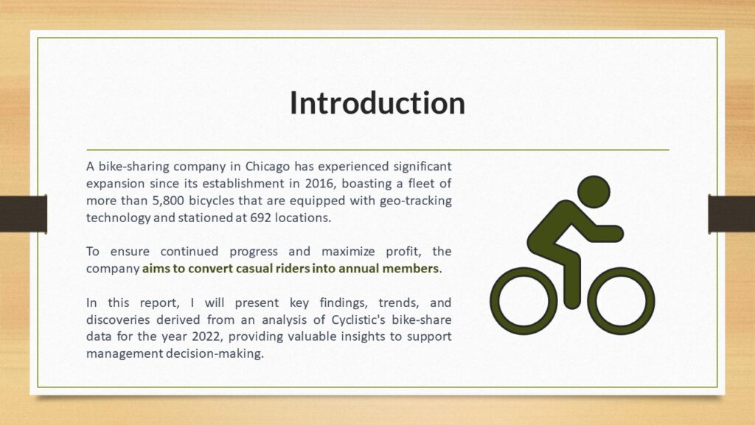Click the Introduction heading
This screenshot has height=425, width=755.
pos(377,103)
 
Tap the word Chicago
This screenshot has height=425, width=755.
pos(268,167)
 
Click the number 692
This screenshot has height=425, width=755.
pos(260,218)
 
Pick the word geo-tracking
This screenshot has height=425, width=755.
pos(416,201)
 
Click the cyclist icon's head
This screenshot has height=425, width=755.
pos(594,192)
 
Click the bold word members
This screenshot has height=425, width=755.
pos(410,269)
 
